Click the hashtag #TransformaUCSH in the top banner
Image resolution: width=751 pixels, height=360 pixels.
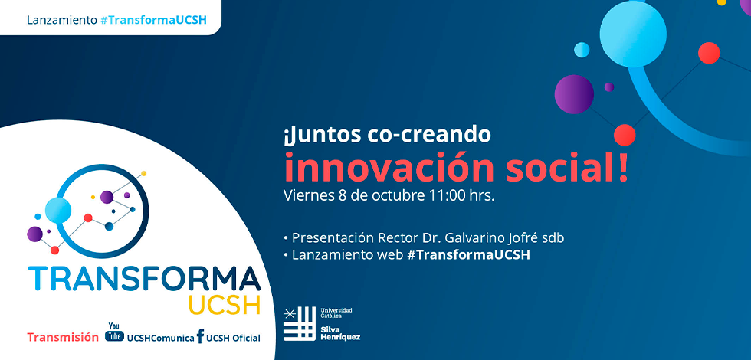(x=153, y=20)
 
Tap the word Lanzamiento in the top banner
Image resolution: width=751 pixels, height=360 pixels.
(x=62, y=20)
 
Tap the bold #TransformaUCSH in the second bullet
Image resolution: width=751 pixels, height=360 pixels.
(x=468, y=254)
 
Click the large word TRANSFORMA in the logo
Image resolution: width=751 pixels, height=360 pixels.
(x=144, y=279)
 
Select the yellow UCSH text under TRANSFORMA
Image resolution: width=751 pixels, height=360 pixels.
(x=225, y=305)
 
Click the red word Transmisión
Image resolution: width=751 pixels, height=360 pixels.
(x=63, y=338)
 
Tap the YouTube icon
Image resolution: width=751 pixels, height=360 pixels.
(x=114, y=332)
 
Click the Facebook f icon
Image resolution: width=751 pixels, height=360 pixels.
(x=200, y=336)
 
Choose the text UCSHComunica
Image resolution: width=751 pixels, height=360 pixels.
(x=160, y=338)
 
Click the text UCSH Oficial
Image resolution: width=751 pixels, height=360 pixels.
(x=233, y=338)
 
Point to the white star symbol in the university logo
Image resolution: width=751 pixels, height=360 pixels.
(x=290, y=313)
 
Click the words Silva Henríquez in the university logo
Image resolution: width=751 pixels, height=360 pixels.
(x=340, y=333)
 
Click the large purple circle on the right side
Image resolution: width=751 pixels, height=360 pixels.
(x=574, y=93)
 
